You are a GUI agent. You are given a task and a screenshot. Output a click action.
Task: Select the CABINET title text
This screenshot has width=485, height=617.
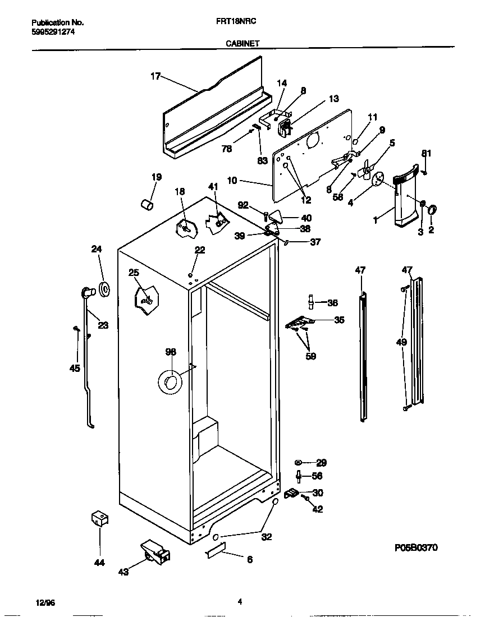pyautogui.click(x=242, y=43)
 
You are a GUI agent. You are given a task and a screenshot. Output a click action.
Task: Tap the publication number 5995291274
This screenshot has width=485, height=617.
pyautogui.click(x=53, y=32)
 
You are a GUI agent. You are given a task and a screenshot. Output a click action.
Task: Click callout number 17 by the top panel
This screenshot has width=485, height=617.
pyautogui.click(x=155, y=77)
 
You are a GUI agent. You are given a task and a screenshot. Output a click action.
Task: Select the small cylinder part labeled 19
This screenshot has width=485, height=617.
pyautogui.click(x=147, y=205)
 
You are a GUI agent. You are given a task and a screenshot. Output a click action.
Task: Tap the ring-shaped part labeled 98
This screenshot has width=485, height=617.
pyautogui.click(x=170, y=381)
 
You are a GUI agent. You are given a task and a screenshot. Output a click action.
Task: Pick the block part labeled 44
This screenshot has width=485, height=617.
pyautogui.click(x=99, y=518)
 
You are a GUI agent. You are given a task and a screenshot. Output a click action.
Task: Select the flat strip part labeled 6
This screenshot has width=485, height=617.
pyautogui.click(x=216, y=551)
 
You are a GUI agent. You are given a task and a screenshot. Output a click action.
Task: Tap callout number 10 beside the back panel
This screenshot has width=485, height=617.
pyautogui.click(x=232, y=181)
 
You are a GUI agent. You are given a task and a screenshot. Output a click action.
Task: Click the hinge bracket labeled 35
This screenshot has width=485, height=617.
pyautogui.click(x=299, y=322)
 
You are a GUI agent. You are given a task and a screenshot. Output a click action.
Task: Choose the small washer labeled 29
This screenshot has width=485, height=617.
pyautogui.click(x=298, y=462)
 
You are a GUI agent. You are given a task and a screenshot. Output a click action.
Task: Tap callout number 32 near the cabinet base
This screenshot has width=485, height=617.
pyautogui.click(x=267, y=537)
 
